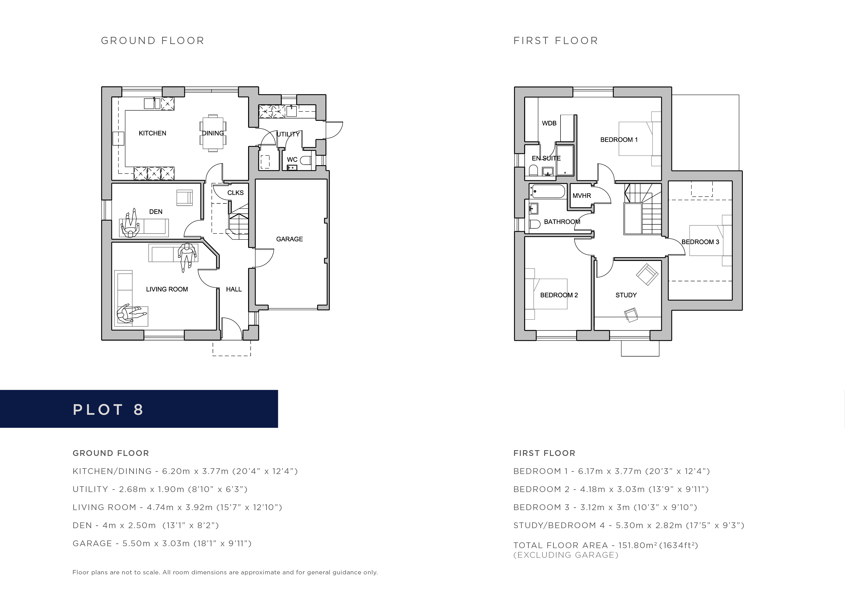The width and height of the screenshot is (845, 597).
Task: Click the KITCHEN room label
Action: coord(152,133)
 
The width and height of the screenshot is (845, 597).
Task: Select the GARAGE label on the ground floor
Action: coord(290,239)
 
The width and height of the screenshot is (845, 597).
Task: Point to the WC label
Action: coord(292,160)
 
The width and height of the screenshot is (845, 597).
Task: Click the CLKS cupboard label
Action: coord(236,193)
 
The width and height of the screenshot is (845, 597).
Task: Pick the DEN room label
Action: coord(156,212)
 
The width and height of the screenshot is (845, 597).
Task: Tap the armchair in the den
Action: coord(184,198)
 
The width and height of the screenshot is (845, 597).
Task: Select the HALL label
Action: coord(234,290)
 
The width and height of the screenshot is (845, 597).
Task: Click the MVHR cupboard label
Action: coord(582,196)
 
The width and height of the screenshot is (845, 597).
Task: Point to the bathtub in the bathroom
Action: coord(548,192)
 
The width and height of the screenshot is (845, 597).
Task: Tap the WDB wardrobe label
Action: coord(549,123)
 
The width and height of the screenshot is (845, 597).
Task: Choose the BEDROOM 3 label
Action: coord(700,242)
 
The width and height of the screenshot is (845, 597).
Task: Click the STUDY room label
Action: coord(626,295)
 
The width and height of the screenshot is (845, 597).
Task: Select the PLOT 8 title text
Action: coord(108,410)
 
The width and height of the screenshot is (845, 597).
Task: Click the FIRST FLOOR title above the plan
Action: coord(556,40)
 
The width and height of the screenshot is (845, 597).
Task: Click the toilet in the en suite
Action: coord(533,170)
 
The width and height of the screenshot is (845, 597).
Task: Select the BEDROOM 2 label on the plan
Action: coord(559,295)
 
